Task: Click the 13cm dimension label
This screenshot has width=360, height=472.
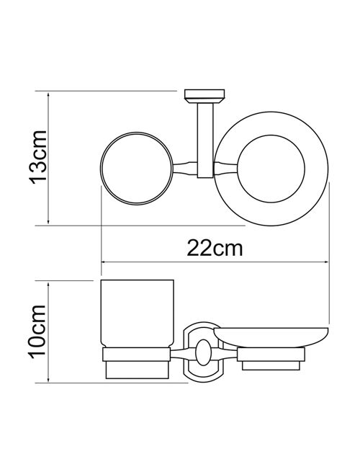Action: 38,156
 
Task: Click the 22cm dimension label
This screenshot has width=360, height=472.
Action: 215,249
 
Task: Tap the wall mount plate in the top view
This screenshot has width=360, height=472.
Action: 204,97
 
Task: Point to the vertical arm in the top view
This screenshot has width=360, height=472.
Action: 205,141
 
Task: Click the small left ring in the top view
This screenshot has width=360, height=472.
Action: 101,169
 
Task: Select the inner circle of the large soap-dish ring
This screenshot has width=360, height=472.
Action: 238,169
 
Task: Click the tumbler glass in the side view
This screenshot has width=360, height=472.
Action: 137,313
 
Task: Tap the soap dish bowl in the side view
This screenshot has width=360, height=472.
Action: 271,337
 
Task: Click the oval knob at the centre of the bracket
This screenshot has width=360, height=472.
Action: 203,352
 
